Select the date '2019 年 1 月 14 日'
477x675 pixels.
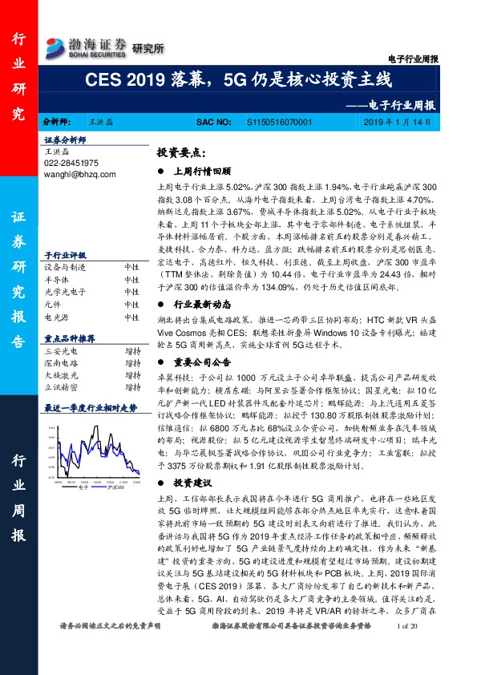point(407,121)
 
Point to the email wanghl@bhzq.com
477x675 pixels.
point(80,174)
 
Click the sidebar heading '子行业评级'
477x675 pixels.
point(63,252)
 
